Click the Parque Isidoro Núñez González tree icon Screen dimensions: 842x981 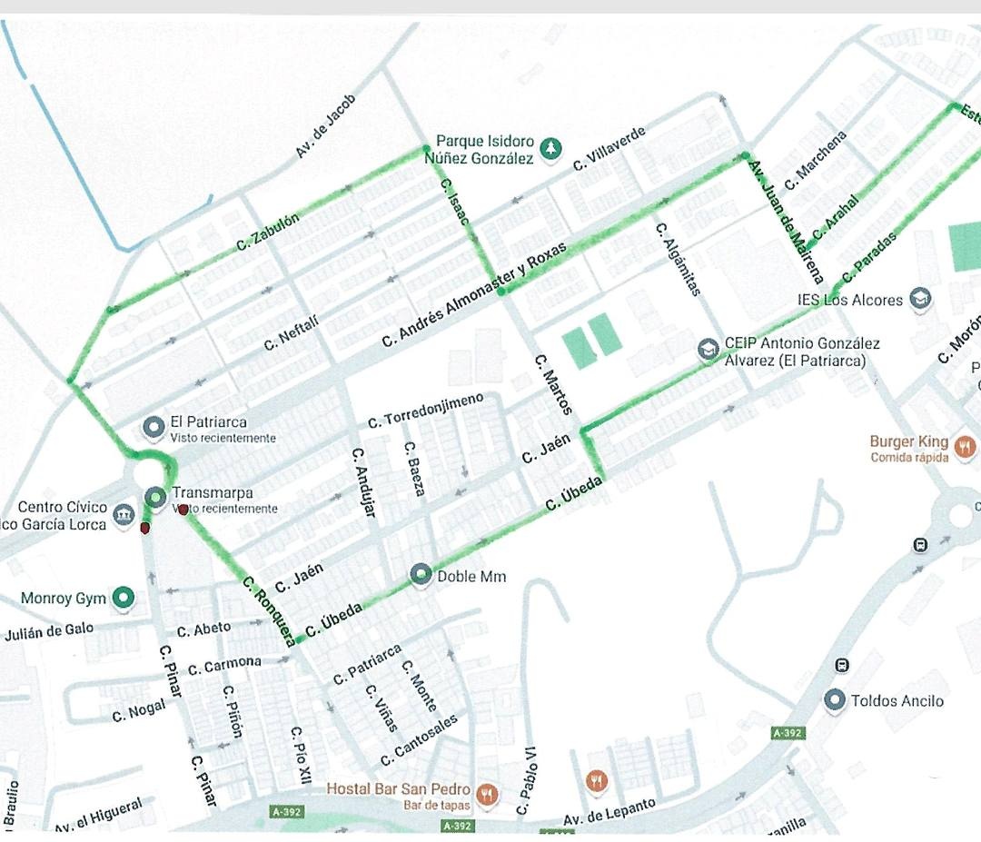coord(550,148)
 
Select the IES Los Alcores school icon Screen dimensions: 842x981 coord(921,299)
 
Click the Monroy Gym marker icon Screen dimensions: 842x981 coord(124,598)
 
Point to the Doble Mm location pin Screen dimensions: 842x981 coord(420,574)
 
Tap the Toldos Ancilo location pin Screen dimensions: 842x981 coord(834,700)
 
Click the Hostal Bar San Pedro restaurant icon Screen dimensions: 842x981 coord(487,794)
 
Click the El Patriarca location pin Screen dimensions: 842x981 coord(154,425)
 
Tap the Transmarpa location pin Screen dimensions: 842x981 coord(155,497)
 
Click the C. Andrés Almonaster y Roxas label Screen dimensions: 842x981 coord(474,295)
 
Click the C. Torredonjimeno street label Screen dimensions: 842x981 coord(426,411)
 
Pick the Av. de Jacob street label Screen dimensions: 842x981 coord(326,126)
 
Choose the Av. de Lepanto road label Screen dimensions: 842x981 coord(609,813)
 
